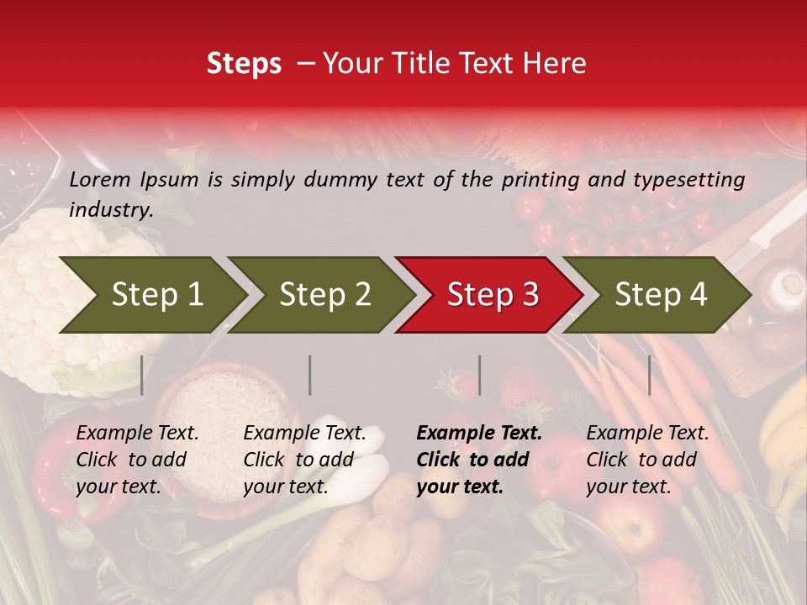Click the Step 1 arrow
(x=156, y=295)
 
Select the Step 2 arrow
(x=324, y=295)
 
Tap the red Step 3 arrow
(x=493, y=295)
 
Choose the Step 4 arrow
(x=661, y=295)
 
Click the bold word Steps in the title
(x=244, y=63)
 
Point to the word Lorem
(x=100, y=179)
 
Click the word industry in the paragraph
(x=110, y=210)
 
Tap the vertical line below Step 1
(x=142, y=375)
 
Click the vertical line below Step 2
(x=310, y=375)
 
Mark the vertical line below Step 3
(x=479, y=375)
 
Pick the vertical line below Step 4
(x=649, y=375)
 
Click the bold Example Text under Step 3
(x=479, y=434)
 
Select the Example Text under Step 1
(x=138, y=434)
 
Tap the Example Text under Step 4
(x=647, y=434)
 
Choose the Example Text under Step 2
(x=304, y=434)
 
